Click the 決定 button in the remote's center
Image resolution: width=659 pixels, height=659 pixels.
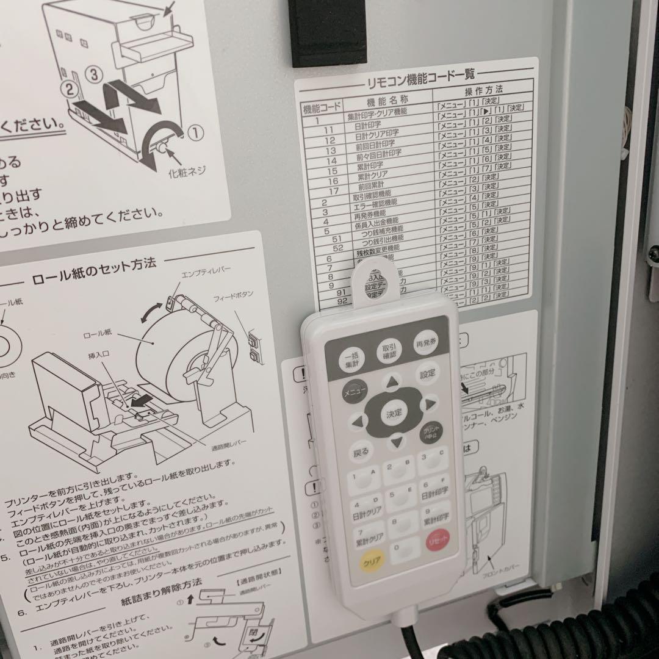(x=393, y=413)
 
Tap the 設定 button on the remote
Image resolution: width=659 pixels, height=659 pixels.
(x=428, y=375)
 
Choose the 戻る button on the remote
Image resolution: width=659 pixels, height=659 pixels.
(x=361, y=453)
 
